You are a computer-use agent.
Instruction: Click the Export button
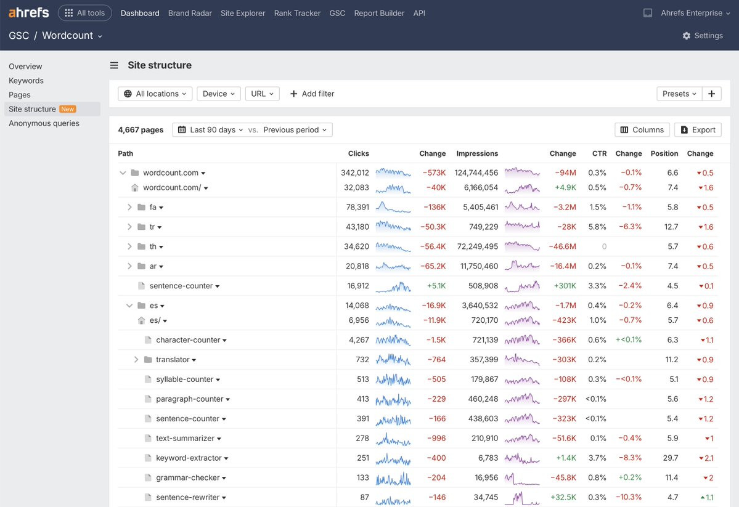[698, 129]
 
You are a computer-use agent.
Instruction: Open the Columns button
[642, 129]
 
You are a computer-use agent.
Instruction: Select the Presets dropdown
[679, 94]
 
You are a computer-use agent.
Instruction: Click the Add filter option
[312, 94]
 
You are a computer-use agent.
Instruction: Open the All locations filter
[155, 94]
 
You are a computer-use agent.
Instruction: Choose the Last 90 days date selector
[212, 129]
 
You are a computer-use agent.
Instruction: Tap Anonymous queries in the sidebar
[44, 123]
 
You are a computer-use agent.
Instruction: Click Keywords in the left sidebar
[26, 81]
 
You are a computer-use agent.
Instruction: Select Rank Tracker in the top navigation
[298, 13]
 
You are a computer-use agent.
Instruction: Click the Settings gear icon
[686, 36]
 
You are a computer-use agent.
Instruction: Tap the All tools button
[85, 13]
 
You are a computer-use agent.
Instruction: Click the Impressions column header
[477, 153]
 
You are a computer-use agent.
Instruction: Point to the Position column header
[664, 153]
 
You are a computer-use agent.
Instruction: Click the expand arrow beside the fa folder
[129, 208]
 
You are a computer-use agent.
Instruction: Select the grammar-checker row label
[187, 478]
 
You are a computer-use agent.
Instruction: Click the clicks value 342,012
[355, 173]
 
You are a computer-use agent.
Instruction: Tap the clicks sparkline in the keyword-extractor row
[393, 458]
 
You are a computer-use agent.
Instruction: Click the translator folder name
[173, 360]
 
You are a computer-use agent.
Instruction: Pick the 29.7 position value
[670, 458]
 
